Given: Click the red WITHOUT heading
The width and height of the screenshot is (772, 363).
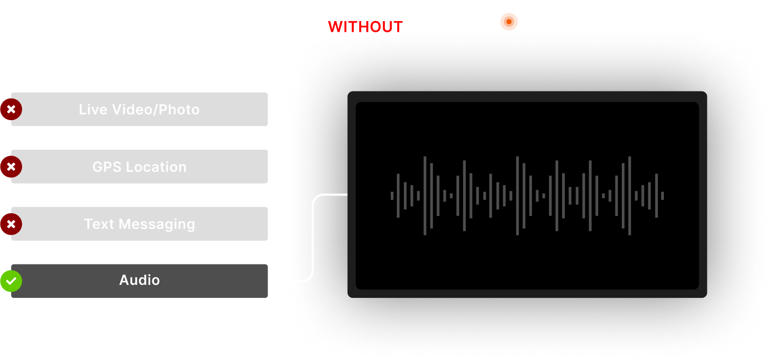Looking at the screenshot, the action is click(365, 27).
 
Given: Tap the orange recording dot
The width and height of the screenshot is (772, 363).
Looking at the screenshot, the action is click(509, 22).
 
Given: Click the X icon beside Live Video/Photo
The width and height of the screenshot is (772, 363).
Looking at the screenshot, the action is click(11, 109).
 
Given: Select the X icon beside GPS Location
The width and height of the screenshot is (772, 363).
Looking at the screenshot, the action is click(11, 167).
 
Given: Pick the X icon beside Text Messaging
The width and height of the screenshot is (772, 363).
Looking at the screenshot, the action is click(11, 224).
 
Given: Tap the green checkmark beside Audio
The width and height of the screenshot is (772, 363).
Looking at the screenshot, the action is click(11, 281).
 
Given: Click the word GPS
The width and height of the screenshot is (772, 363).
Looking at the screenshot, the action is click(107, 167).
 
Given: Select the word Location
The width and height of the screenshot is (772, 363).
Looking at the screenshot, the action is click(156, 167).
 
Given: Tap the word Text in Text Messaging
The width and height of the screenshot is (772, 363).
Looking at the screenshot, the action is click(99, 224).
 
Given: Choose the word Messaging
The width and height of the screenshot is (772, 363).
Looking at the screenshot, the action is click(157, 225).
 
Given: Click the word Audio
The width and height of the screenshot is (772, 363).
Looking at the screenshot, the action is click(139, 280).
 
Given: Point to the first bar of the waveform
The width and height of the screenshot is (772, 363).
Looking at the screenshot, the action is click(392, 196).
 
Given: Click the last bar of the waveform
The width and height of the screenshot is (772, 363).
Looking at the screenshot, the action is click(662, 196).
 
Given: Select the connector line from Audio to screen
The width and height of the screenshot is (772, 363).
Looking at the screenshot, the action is click(313, 238).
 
